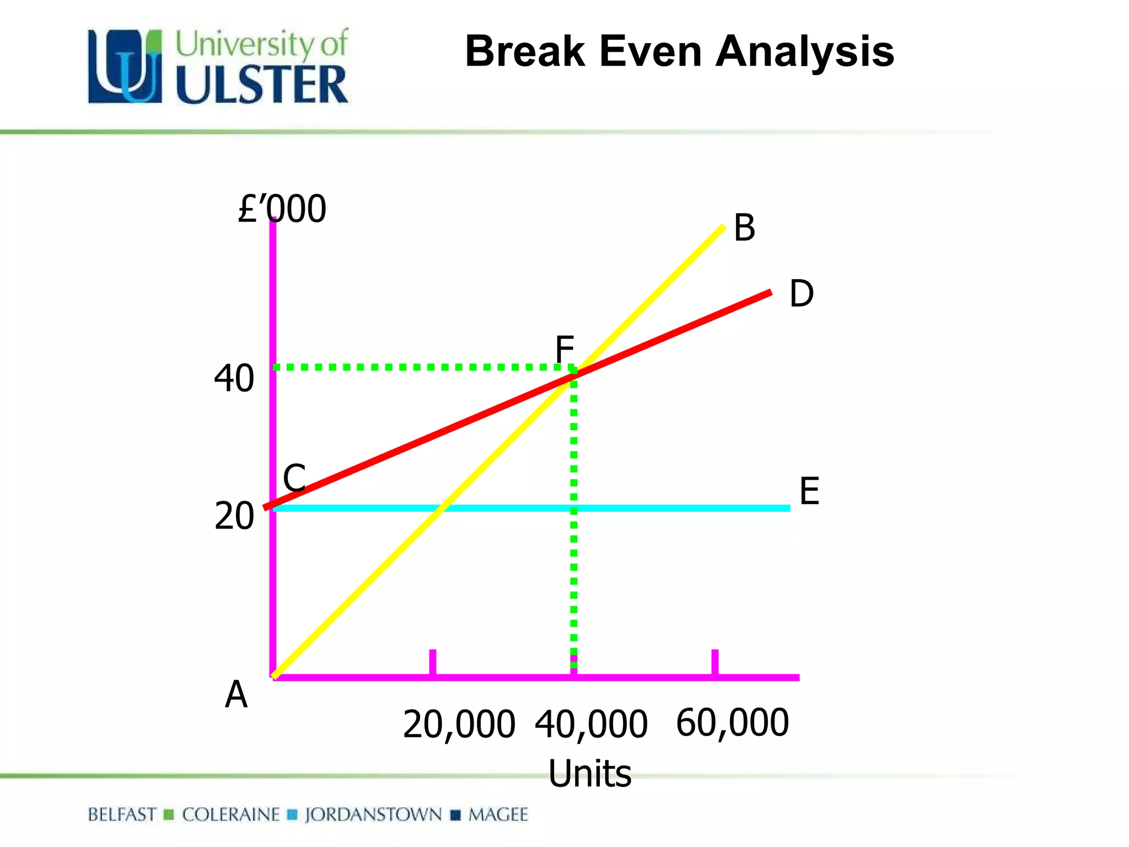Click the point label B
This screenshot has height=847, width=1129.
pos(744,228)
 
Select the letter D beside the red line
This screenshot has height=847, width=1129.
pos(801,293)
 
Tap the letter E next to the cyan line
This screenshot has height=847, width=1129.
pos(809,491)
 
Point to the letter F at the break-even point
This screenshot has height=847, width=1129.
pos(564,350)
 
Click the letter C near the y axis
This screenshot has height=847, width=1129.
pos(294,478)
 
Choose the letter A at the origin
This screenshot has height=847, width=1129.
pos(236,694)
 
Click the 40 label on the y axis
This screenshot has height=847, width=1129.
pos(234,378)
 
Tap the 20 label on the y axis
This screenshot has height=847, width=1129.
pos(234,516)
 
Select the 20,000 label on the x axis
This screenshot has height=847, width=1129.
pos(459,725)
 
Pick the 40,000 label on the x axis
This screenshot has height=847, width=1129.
pos(591,725)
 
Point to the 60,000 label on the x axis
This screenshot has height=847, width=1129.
pos(733,723)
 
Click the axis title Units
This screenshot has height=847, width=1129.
pos(590,774)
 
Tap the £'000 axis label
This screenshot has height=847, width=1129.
pos(282,209)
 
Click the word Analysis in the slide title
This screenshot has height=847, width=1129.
pos(804,52)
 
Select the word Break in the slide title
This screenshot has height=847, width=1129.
pos(525,51)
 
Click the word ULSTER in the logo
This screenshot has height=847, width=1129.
pos(262,84)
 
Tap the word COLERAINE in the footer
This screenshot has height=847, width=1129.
pos(231,814)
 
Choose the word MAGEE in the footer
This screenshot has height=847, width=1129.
pos(498,814)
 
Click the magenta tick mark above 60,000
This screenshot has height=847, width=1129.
pos(715,662)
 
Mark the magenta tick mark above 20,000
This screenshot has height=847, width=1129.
pos(433,662)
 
